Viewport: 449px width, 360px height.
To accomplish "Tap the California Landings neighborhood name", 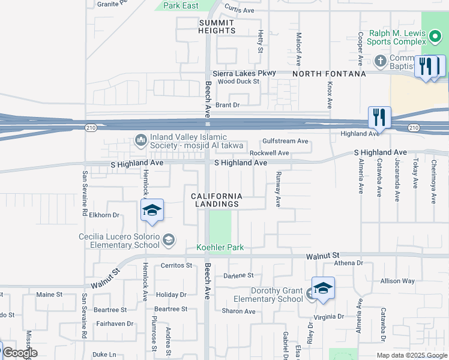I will point(217,200).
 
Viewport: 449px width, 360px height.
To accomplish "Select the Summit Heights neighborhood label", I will point(217,26).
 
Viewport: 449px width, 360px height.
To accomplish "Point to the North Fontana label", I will point(329,74).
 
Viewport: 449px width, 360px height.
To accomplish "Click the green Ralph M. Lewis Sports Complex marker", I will point(436,39).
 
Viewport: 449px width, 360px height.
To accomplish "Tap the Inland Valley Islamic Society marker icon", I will point(141,140).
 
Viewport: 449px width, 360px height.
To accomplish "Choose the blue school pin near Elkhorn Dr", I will point(152,211).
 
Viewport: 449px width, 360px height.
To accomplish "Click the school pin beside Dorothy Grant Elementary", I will point(323,289).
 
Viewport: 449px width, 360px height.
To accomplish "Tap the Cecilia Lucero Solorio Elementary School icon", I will point(169,241).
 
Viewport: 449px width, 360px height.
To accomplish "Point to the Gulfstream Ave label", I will point(285,142).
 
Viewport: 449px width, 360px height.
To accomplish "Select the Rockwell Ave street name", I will point(270,153).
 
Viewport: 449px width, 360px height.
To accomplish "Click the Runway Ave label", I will point(278,189).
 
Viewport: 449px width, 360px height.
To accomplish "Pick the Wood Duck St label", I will point(238,82).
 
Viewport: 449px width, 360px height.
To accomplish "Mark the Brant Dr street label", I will point(228,105).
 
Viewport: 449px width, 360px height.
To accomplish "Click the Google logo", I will point(20,352).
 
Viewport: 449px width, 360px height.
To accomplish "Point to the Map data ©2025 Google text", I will point(411,355).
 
